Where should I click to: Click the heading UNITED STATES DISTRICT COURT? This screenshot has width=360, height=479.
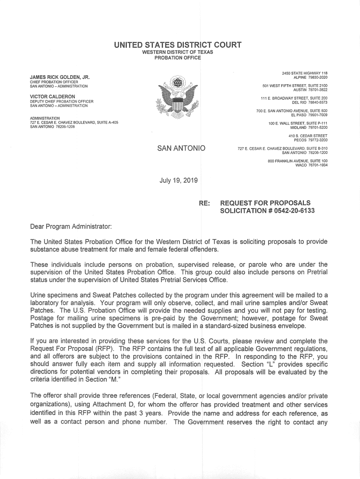(177, 45)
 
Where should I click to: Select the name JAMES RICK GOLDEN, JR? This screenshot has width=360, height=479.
(60, 77)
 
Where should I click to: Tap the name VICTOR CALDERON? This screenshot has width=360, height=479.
(52, 96)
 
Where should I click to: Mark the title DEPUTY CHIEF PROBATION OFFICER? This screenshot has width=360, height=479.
(62, 102)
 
